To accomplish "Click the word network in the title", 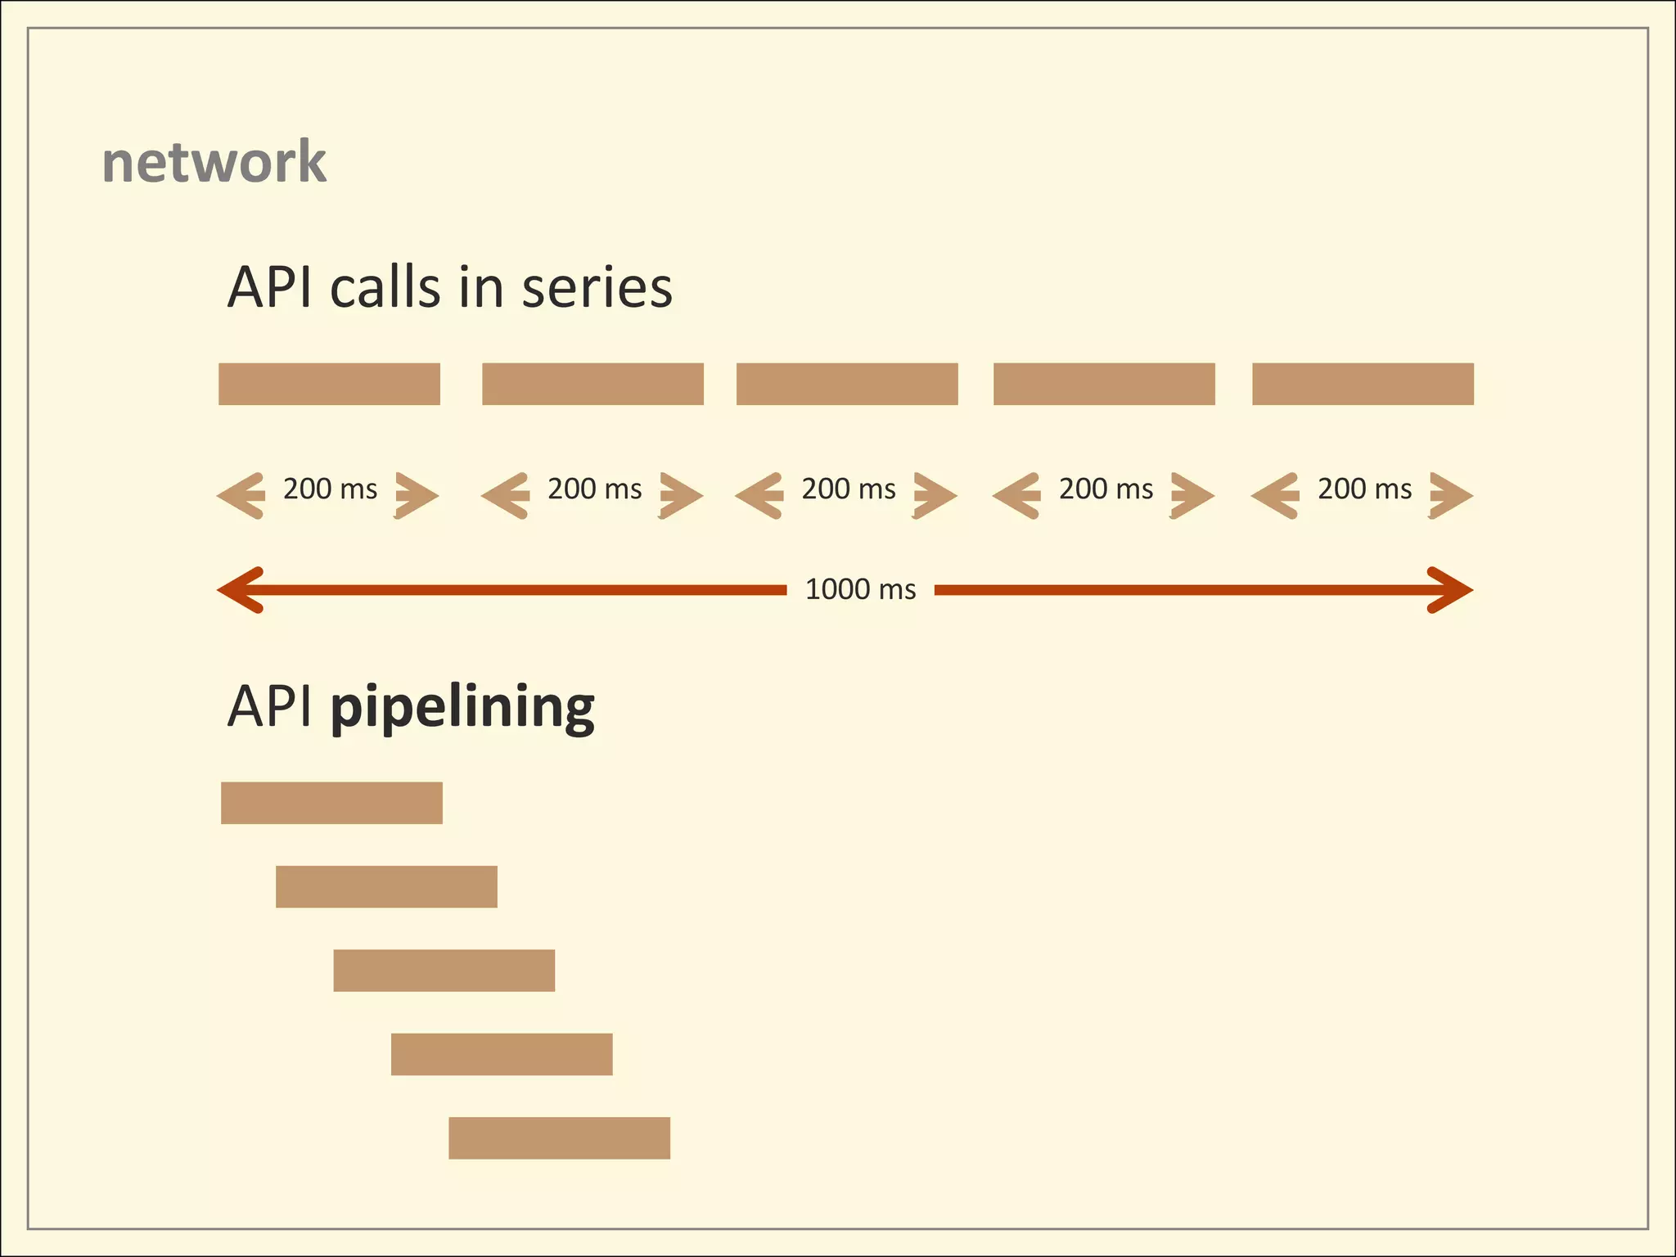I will pos(214,162).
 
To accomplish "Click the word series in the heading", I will pos(597,288).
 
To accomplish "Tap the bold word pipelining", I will pos(462,708).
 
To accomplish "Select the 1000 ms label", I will pos(860,589).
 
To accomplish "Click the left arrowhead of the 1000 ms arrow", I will pos(239,589).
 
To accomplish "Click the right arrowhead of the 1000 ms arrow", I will pos(1452,589).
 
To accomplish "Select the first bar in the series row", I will pos(329,384).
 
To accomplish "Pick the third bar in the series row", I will pos(847,384).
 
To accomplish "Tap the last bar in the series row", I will pos(1363,384).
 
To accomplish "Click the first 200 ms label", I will pos(330,489).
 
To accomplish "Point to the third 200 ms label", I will pos(848,489).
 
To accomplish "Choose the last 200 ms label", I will pos(1364,489).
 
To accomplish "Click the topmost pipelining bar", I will pos(331,803).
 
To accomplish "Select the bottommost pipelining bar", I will pos(559,1138).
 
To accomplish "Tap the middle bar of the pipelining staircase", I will pos(444,971).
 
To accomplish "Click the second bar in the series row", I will pos(592,384).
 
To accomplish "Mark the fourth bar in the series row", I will pos(1104,384).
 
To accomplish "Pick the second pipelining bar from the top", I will pos(386,886).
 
